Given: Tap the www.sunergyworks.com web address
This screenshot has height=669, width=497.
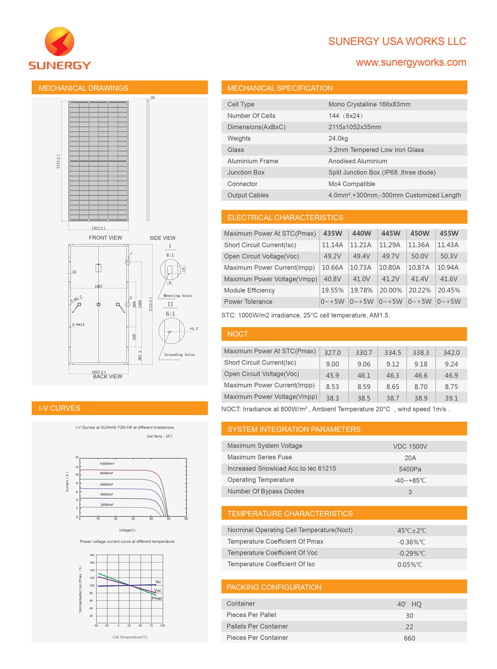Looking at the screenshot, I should click(x=411, y=62).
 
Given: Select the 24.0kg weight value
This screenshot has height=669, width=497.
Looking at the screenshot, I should click(x=338, y=138).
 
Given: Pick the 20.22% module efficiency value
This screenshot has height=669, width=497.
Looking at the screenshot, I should click(x=419, y=290).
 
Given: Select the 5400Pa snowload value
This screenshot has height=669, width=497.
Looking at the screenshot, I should click(x=410, y=469).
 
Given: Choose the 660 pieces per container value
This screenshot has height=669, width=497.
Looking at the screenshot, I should click(x=409, y=638).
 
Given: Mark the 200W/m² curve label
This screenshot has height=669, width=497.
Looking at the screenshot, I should click(x=107, y=505).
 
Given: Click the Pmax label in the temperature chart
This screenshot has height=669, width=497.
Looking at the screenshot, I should click(x=157, y=598).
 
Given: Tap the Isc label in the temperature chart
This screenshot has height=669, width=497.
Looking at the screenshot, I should click(x=158, y=582).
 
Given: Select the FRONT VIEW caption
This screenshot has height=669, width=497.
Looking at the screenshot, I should click(x=105, y=238).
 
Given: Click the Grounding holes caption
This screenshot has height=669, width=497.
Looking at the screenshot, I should click(x=179, y=355).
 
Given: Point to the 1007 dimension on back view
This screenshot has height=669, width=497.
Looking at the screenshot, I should click(x=99, y=286).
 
